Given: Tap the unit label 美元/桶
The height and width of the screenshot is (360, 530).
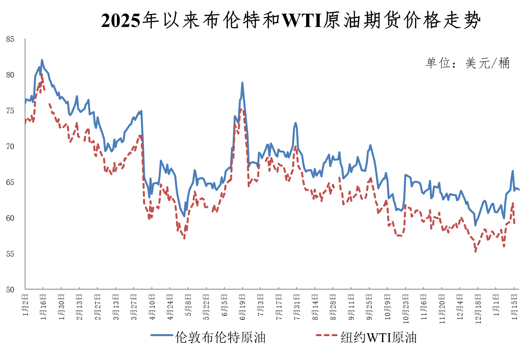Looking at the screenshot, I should coord(467,63).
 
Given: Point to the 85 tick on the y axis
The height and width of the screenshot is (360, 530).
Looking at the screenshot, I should coord(10,39).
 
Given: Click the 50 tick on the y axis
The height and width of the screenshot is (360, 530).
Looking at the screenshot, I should coord(10,290).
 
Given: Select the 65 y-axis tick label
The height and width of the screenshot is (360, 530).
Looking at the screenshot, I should coord(10,183).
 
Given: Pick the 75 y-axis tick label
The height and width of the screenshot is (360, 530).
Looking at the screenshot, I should coord(10,111).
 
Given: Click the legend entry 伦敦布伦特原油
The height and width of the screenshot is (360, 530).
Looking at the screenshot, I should coord(220,337).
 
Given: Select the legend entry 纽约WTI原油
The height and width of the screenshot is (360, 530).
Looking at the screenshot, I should coord(379,337).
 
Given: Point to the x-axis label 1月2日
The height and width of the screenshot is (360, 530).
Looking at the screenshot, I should coord(25,306).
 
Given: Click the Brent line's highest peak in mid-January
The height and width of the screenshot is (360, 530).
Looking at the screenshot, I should coord(42,60).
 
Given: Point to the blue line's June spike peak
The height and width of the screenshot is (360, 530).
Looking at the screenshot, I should coord(242,83).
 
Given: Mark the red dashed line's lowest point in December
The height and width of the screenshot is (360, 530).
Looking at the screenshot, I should coord(475,251).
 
